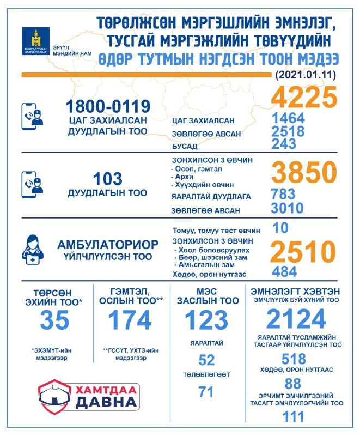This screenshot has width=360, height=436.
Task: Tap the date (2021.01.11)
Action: pos(306,74)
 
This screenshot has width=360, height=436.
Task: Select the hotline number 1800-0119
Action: pos(108,105)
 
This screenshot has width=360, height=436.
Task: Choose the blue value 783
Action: pos(283,194)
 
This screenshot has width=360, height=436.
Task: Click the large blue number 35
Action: pos(54,321)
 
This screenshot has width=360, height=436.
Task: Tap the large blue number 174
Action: pos(130,321)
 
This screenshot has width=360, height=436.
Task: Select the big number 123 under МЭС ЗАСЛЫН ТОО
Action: pos(206,321)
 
